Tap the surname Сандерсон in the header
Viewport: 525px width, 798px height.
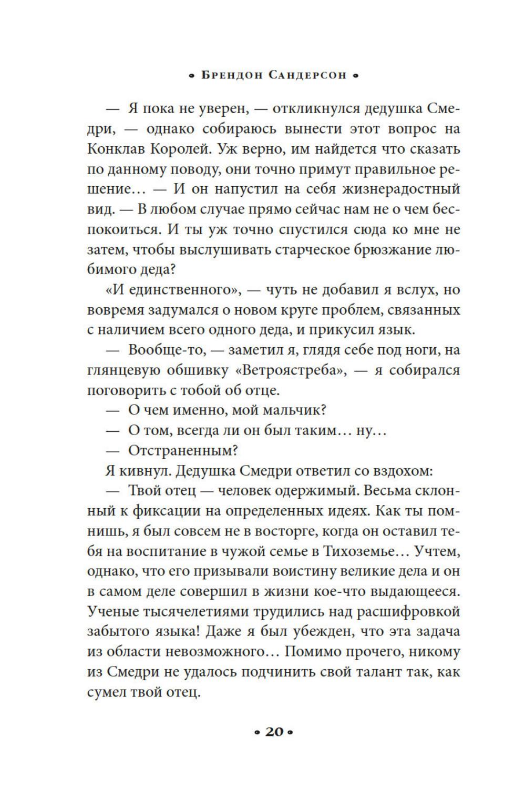coord(307,75)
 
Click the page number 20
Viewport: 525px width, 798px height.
coord(274,731)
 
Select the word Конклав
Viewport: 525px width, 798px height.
coord(116,149)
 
